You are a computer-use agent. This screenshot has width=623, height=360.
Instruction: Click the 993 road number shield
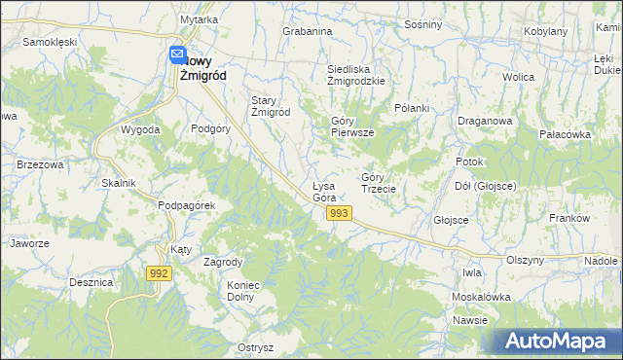coord(339,213)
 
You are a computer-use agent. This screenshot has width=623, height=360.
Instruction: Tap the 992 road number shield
coord(161,273)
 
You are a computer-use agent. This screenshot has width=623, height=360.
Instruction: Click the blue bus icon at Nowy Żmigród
coord(176,55)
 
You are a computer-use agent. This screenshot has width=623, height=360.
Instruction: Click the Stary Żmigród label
coord(271,105)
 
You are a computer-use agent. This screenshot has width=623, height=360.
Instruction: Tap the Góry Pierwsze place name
coord(351,126)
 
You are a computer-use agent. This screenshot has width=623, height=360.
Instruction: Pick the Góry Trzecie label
coord(378,182)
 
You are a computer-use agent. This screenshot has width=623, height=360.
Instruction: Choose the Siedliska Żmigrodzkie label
coord(356,75)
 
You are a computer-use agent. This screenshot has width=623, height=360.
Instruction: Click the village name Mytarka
coord(199,20)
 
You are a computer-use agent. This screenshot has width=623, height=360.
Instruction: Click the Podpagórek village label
coord(186,205)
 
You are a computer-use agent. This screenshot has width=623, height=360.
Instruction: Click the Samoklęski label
coord(50,43)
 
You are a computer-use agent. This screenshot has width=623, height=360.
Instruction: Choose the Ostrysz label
coord(255,347)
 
